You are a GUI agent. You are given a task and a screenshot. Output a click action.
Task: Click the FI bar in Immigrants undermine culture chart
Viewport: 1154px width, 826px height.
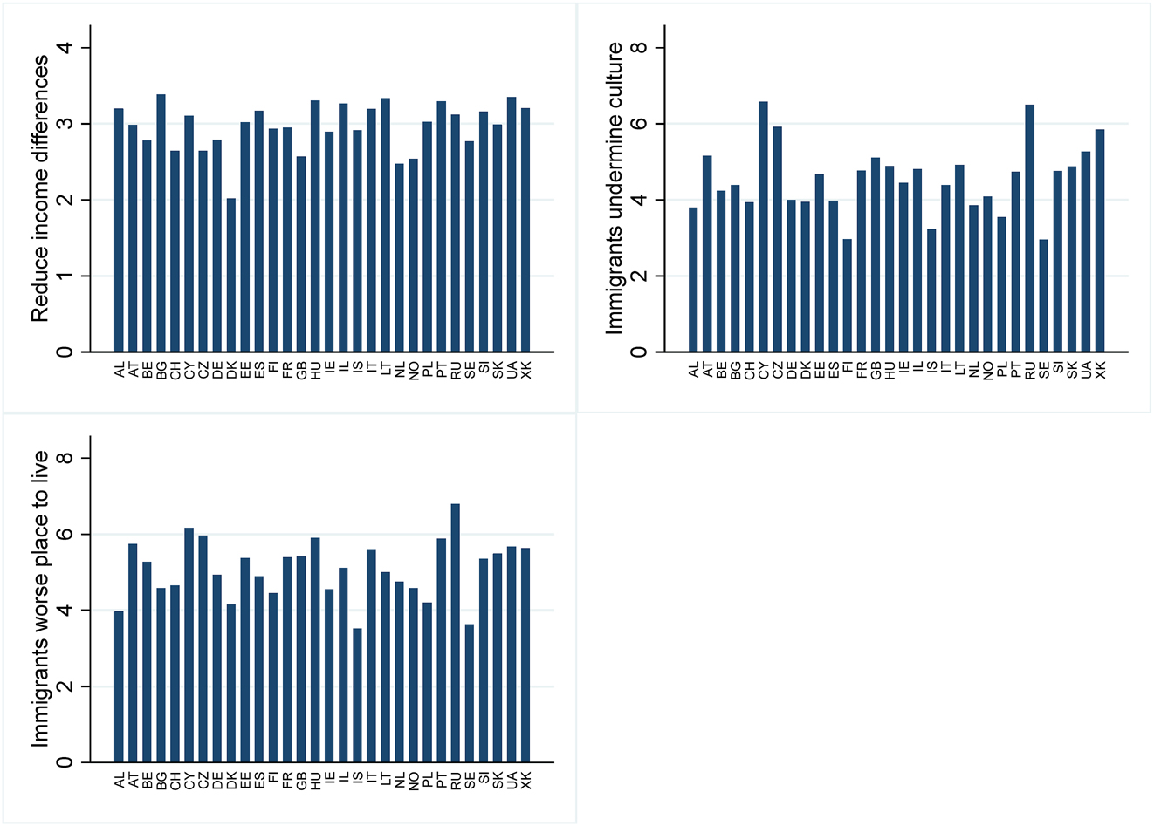coord(848,296)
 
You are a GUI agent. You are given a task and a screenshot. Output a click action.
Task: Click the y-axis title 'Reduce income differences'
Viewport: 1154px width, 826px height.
coord(40,189)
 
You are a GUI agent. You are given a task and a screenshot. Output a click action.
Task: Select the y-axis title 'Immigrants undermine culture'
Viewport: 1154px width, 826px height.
coord(615,189)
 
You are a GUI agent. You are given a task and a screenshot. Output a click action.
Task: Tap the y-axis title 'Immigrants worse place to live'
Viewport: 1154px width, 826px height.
coord(40,599)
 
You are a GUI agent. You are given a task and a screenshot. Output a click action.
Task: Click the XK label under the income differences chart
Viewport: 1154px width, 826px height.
coord(525,371)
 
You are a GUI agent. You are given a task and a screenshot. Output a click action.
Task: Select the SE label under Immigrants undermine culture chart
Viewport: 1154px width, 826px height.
coord(1044,371)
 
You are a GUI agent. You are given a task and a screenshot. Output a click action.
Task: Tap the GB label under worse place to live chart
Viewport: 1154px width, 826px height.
coord(301,781)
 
